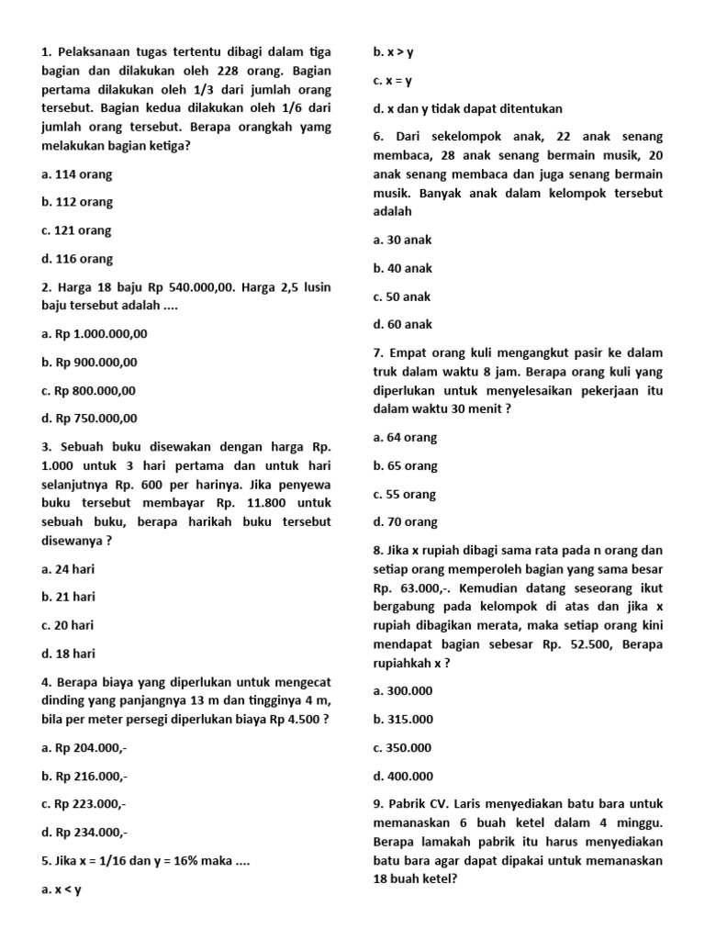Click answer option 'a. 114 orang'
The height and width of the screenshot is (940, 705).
coord(77,174)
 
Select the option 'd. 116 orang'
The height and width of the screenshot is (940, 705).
coord(77,259)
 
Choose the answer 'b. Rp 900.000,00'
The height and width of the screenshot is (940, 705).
coord(89,363)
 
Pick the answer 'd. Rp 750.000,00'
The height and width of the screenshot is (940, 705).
coord(89,419)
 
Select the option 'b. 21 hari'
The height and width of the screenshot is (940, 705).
coord(69,597)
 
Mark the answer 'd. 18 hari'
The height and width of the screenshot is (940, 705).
coord(69,654)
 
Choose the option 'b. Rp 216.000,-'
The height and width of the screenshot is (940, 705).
coord(84,776)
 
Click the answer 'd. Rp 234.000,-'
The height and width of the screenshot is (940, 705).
coord(84,833)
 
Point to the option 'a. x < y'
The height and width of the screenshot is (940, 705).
coord(62,890)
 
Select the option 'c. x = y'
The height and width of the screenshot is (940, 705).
coord(393,81)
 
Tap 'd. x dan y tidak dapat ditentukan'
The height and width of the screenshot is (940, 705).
coord(468,108)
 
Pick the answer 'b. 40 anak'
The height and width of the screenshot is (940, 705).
coord(403,268)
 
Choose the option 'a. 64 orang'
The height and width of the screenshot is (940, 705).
coord(406,437)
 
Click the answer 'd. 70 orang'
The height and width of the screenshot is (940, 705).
coord(406,521)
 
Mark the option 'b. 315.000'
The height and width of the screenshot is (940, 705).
coord(404,719)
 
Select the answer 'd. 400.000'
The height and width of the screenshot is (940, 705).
coord(404,776)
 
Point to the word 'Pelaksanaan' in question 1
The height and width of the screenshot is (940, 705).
coord(94,52)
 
